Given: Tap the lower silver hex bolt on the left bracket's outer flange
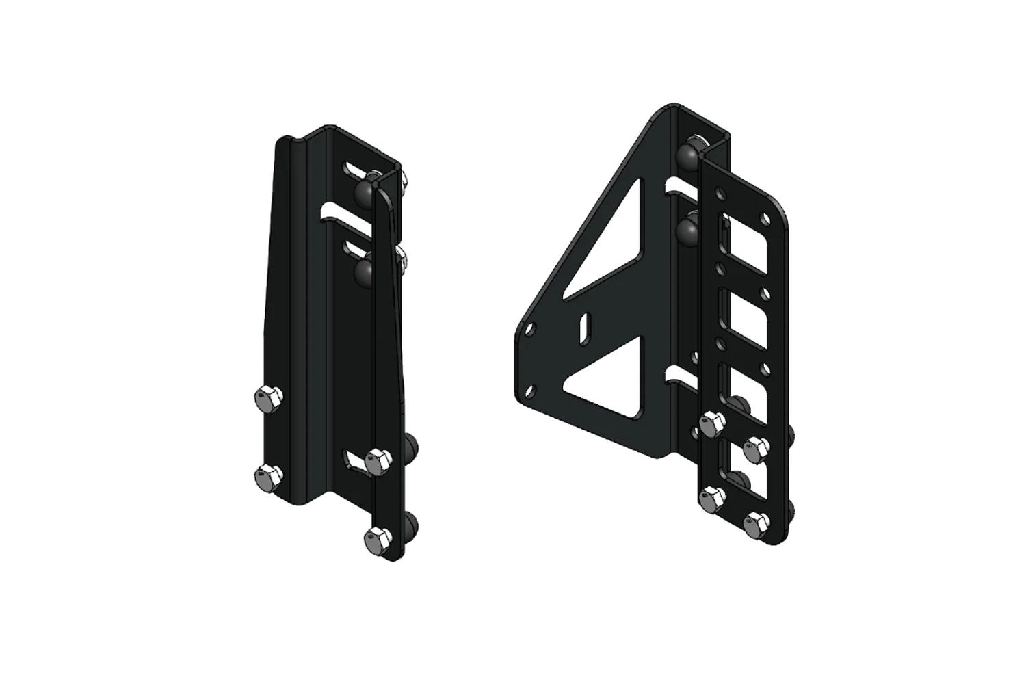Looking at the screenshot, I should click(x=266, y=474).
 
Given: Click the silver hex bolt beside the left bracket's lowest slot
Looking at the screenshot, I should click(x=377, y=460).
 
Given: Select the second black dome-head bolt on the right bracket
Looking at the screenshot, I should click(x=686, y=229).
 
